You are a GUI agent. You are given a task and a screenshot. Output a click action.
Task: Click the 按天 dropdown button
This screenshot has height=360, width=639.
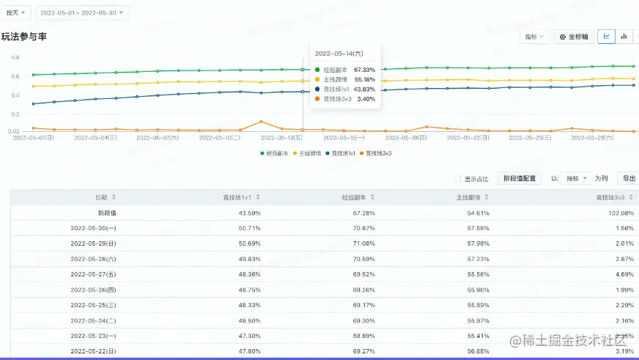pyautogui.click(x=16, y=12)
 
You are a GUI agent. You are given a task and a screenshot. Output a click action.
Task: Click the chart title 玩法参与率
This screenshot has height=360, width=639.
pyautogui.click(x=24, y=37)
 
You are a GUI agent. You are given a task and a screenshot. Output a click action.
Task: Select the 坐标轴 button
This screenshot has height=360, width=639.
pyautogui.click(x=573, y=37)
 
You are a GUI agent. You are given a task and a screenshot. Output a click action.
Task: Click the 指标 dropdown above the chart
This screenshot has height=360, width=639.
pyautogui.click(x=534, y=37)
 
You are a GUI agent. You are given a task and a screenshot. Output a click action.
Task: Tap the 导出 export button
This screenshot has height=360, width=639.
pyautogui.click(x=629, y=178)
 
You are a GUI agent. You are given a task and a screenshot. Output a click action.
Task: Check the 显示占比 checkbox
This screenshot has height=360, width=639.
pyautogui.click(x=458, y=178)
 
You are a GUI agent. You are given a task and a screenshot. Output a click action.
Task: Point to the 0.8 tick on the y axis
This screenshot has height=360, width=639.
pyautogui.click(x=15, y=57)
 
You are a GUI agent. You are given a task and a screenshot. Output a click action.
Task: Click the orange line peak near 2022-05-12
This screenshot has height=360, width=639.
pyautogui.click(x=261, y=122)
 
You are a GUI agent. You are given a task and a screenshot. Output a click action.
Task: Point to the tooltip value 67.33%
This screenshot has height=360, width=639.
pyautogui.click(x=364, y=70)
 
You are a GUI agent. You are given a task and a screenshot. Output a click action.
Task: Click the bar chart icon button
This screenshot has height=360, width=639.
pyautogui.click(x=624, y=36)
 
